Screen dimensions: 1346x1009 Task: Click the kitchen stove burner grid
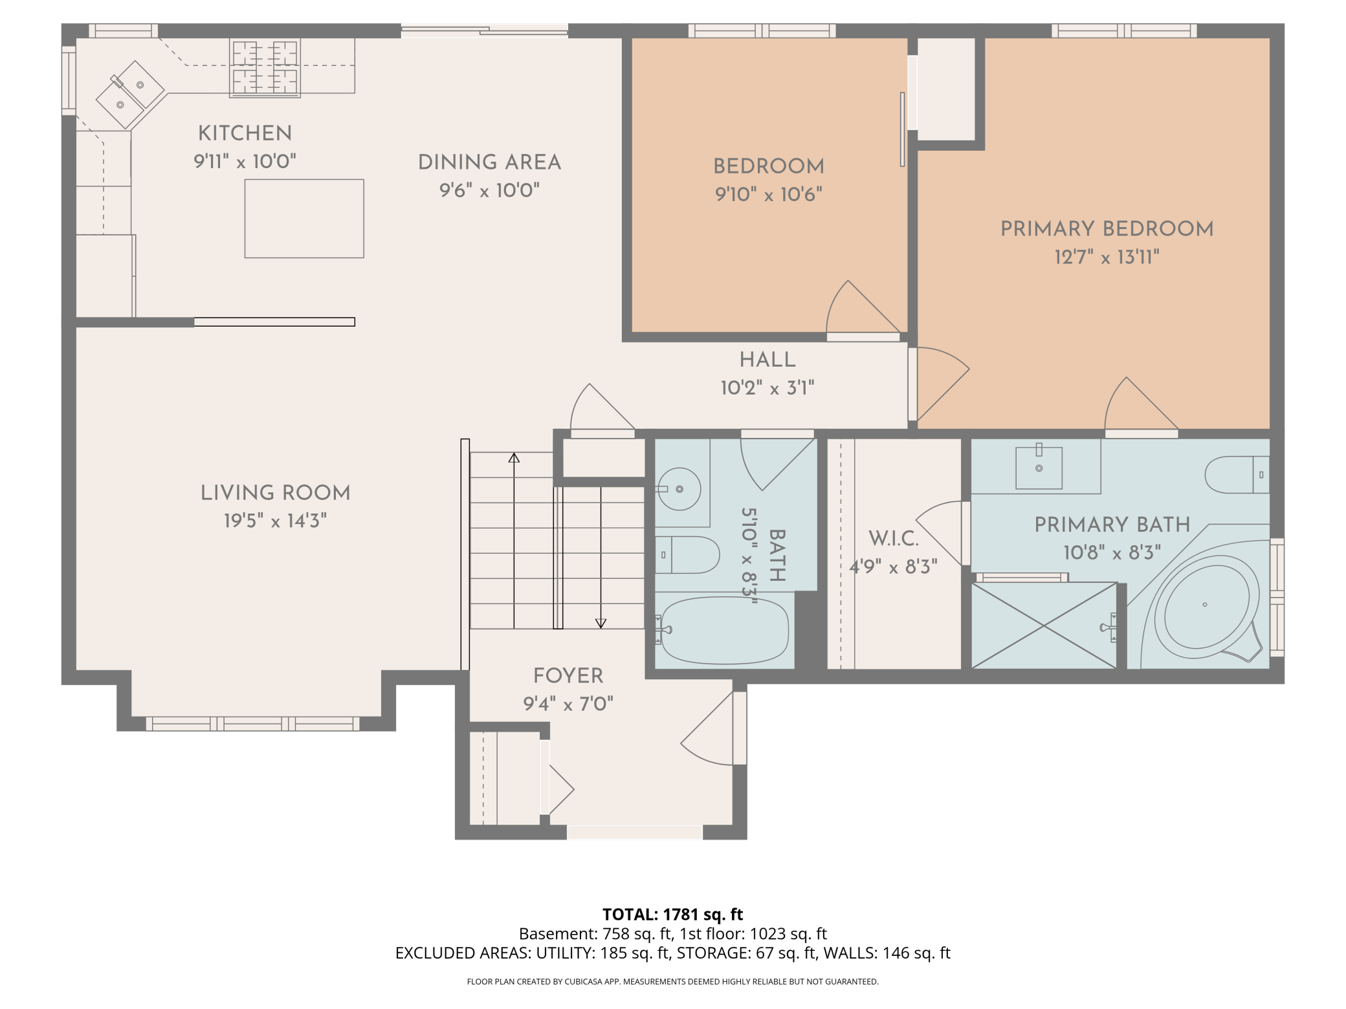[265, 68]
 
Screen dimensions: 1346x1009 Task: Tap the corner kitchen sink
[131, 94]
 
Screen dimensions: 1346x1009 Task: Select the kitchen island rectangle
[304, 219]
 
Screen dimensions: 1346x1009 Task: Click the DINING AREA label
[489, 162]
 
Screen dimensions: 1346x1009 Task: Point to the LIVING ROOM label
[275, 493]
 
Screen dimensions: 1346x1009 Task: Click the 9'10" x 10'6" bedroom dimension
[768, 194]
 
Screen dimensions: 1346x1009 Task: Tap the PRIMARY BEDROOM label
[1107, 228]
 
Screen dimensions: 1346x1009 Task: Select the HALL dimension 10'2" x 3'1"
[767, 388]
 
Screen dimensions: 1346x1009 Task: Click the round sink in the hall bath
[679, 489]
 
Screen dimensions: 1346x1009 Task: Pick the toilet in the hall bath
[687, 555]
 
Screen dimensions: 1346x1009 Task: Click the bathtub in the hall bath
[724, 631]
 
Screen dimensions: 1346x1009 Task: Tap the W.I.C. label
[894, 538]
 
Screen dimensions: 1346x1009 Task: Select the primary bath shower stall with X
[1044, 625]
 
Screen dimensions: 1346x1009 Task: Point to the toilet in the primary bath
[1237, 475]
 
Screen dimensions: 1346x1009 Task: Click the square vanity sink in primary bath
[1039, 468]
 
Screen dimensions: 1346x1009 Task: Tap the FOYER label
[568, 676]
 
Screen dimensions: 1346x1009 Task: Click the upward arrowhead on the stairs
[514, 458]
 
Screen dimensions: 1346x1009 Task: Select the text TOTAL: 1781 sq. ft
[672, 915]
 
